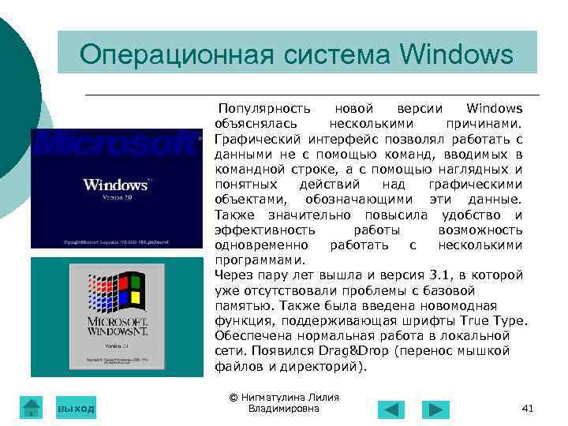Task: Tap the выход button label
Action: (x=76, y=408)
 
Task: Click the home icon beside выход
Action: (x=31, y=406)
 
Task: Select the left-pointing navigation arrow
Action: (x=390, y=409)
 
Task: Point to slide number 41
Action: (x=529, y=408)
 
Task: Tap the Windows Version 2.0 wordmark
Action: (x=116, y=185)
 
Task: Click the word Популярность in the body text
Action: (x=264, y=108)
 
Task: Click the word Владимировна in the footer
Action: (x=284, y=409)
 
